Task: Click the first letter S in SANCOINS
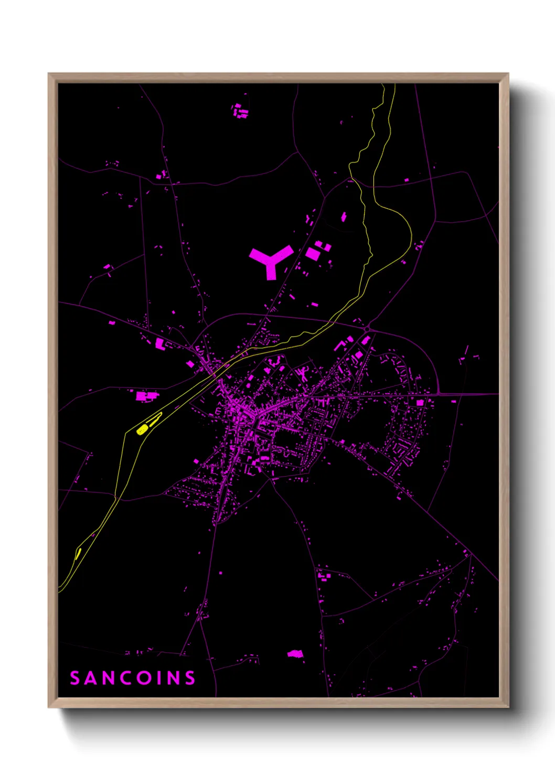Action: pyautogui.click(x=75, y=678)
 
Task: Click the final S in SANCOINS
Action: pyautogui.click(x=189, y=678)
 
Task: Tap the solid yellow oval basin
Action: pyautogui.click(x=142, y=430)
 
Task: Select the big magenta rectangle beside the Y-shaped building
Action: pyautogui.click(x=313, y=253)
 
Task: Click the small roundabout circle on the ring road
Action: pyautogui.click(x=368, y=329)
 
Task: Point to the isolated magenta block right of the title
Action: pyautogui.click(x=295, y=653)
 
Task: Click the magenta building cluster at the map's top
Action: pyautogui.click(x=240, y=111)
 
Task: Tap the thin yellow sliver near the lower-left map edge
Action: pyautogui.click(x=78, y=553)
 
